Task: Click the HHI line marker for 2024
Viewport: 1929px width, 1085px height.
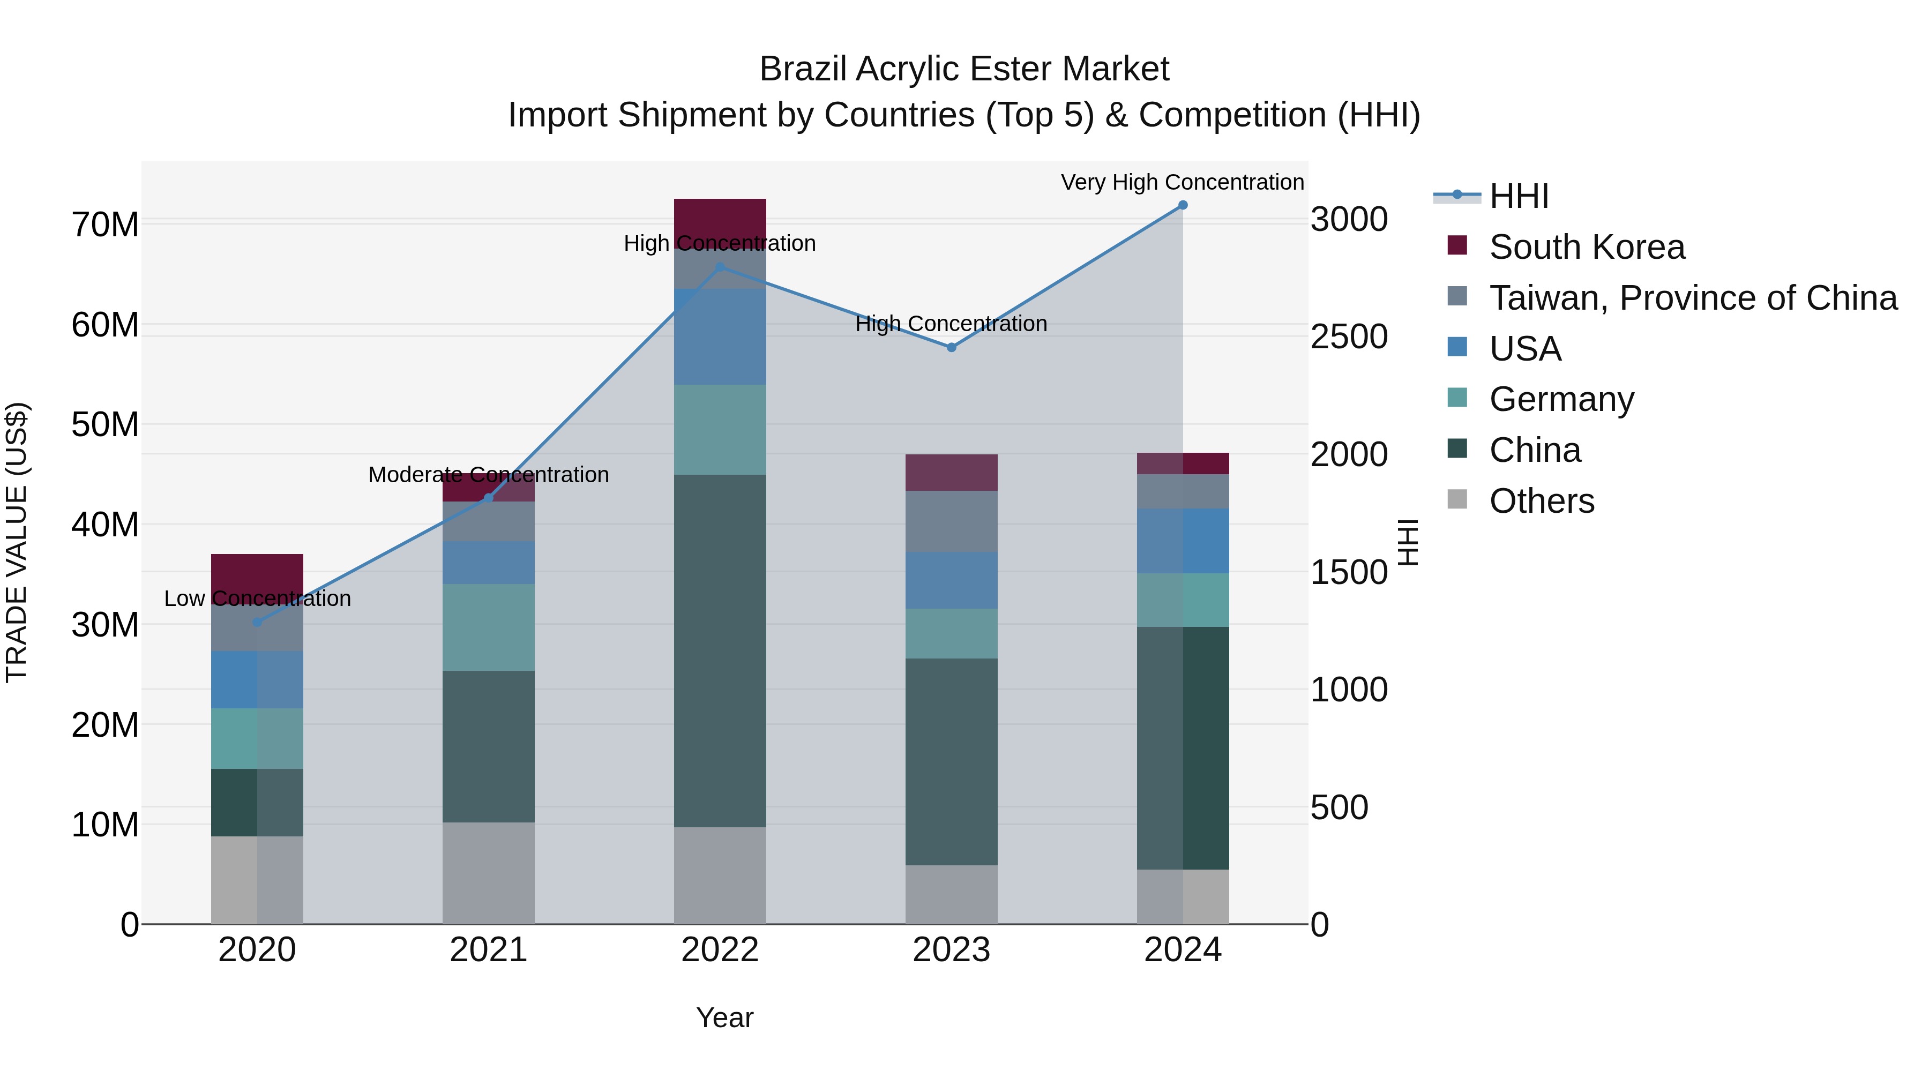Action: click(x=1183, y=205)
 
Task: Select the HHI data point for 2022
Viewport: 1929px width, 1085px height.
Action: click(x=720, y=267)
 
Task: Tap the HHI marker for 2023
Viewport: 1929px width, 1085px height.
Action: click(x=951, y=347)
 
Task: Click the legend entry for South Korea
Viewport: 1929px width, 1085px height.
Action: click(x=1587, y=247)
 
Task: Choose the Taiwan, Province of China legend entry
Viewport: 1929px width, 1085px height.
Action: click(x=1692, y=298)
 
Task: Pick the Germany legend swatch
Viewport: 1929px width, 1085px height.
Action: click(x=1457, y=398)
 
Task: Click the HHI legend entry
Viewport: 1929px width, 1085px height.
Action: click(x=1519, y=196)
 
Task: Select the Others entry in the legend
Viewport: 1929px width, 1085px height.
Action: click(x=1541, y=501)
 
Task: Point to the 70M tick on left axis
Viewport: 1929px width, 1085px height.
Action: click(x=105, y=225)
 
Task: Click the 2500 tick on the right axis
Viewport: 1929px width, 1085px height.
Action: click(x=1349, y=337)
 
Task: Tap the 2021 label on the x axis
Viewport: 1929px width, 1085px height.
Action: click(x=488, y=950)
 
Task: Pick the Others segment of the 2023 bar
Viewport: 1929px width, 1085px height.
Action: click(x=951, y=894)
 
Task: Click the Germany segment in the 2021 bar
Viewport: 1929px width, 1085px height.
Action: click(x=488, y=627)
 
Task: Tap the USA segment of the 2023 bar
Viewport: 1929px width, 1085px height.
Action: click(x=951, y=580)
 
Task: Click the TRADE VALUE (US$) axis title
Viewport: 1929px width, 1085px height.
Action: click(x=17, y=542)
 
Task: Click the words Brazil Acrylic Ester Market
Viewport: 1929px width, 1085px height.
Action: click(x=964, y=69)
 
